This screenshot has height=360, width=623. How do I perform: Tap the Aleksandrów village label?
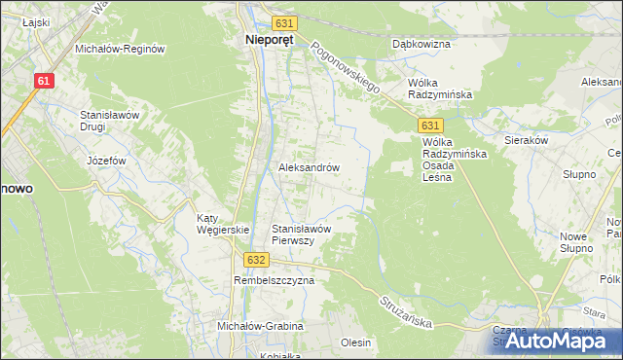pyautogui.click(x=309, y=167)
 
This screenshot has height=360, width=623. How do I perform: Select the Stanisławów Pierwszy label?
pyautogui.click(x=302, y=234)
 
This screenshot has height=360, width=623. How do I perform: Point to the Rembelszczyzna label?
pyautogui.click(x=274, y=280)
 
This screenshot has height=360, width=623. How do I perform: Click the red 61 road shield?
pyautogui.click(x=43, y=83)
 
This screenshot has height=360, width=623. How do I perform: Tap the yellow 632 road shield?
pyautogui.click(x=255, y=260)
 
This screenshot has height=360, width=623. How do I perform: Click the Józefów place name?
pyautogui.click(x=109, y=161)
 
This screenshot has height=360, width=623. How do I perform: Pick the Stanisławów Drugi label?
pyautogui.click(x=111, y=121)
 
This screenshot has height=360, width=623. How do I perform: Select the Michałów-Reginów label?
pyautogui.click(x=121, y=48)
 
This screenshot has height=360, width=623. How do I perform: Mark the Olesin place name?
pyautogui.click(x=356, y=342)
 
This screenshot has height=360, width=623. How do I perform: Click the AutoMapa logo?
pyautogui.click(x=560, y=341)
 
